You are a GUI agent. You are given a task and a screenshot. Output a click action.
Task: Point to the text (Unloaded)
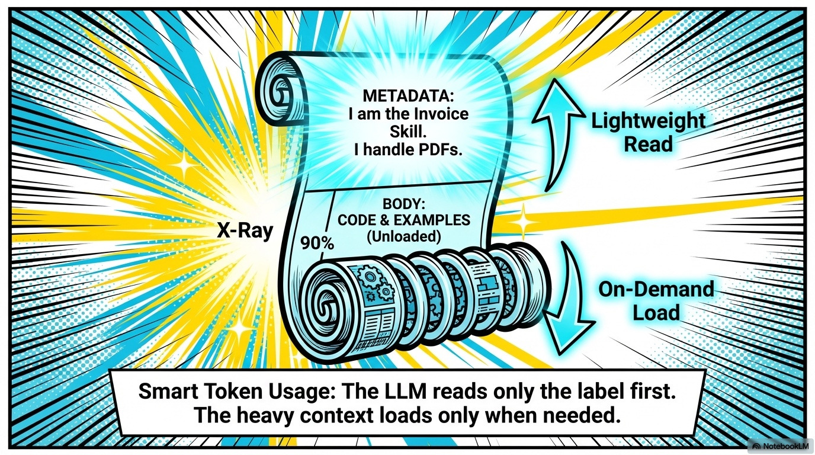403,236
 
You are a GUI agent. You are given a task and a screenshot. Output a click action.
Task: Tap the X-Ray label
244,231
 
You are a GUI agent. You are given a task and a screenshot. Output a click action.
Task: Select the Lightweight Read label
649,133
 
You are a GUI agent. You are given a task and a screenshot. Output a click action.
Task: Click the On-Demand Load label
656,301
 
